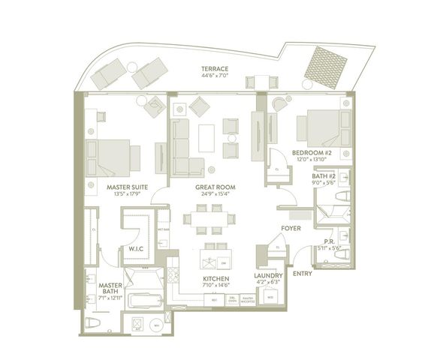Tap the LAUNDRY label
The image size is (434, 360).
tap(268, 276)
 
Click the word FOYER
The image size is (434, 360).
tap(291, 227)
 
